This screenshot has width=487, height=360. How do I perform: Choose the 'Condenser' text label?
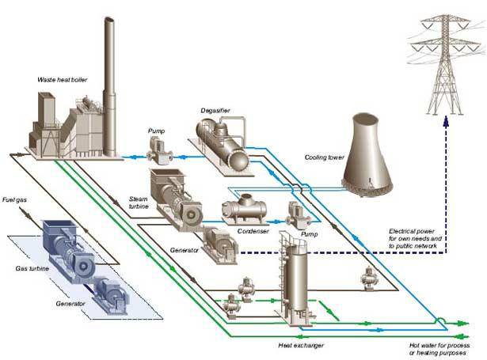[x=253, y=232]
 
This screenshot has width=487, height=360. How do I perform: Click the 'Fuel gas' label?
[x=16, y=200]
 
